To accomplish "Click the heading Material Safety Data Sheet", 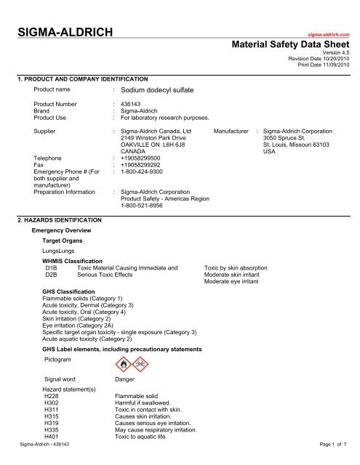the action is click(x=291, y=44).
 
